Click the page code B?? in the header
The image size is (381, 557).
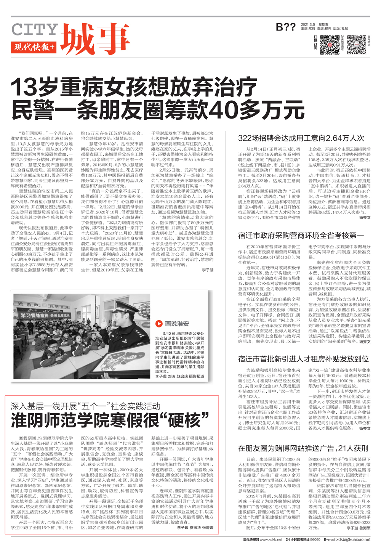(x=285, y=27)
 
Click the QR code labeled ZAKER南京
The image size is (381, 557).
(x=330, y=45)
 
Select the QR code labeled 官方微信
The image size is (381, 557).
(x=357, y=45)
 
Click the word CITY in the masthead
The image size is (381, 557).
(x=34, y=30)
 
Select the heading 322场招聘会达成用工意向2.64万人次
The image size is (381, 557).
(x=301, y=138)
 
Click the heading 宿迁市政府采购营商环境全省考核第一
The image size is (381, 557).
(x=301, y=235)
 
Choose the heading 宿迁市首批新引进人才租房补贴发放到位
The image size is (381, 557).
(x=303, y=359)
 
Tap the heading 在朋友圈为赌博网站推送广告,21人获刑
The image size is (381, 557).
(x=303, y=448)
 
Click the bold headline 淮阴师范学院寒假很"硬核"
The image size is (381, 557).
(x=110, y=421)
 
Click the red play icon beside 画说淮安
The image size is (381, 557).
(x=159, y=324)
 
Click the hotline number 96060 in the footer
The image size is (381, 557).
(x=315, y=539)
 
